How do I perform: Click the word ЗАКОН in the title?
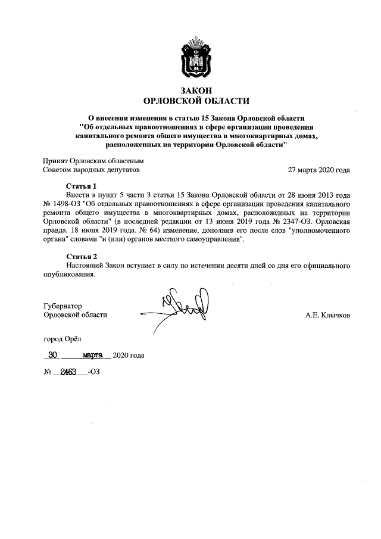click(x=190, y=90)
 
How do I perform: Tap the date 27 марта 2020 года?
click(x=318, y=170)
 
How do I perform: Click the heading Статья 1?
click(x=80, y=186)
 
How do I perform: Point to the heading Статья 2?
click(x=80, y=256)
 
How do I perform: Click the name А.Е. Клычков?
click(x=327, y=315)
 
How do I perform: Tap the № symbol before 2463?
click(x=48, y=375)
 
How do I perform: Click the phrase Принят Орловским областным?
click(x=93, y=161)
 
